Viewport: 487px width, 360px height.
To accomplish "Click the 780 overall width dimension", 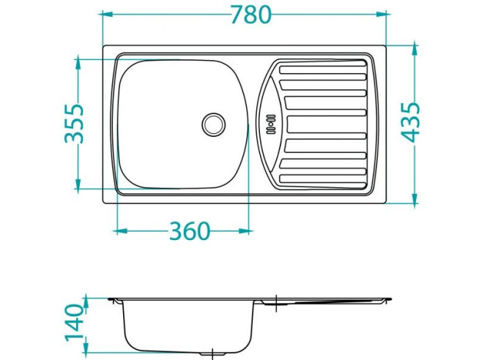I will [x=250, y=15].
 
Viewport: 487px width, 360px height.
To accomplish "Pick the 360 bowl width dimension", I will [x=189, y=231].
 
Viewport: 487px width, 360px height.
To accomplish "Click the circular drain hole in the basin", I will [x=214, y=124].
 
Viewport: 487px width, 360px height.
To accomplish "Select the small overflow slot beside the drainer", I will [x=268, y=124].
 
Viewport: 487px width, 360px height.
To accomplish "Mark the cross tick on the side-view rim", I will [x=275, y=299].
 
